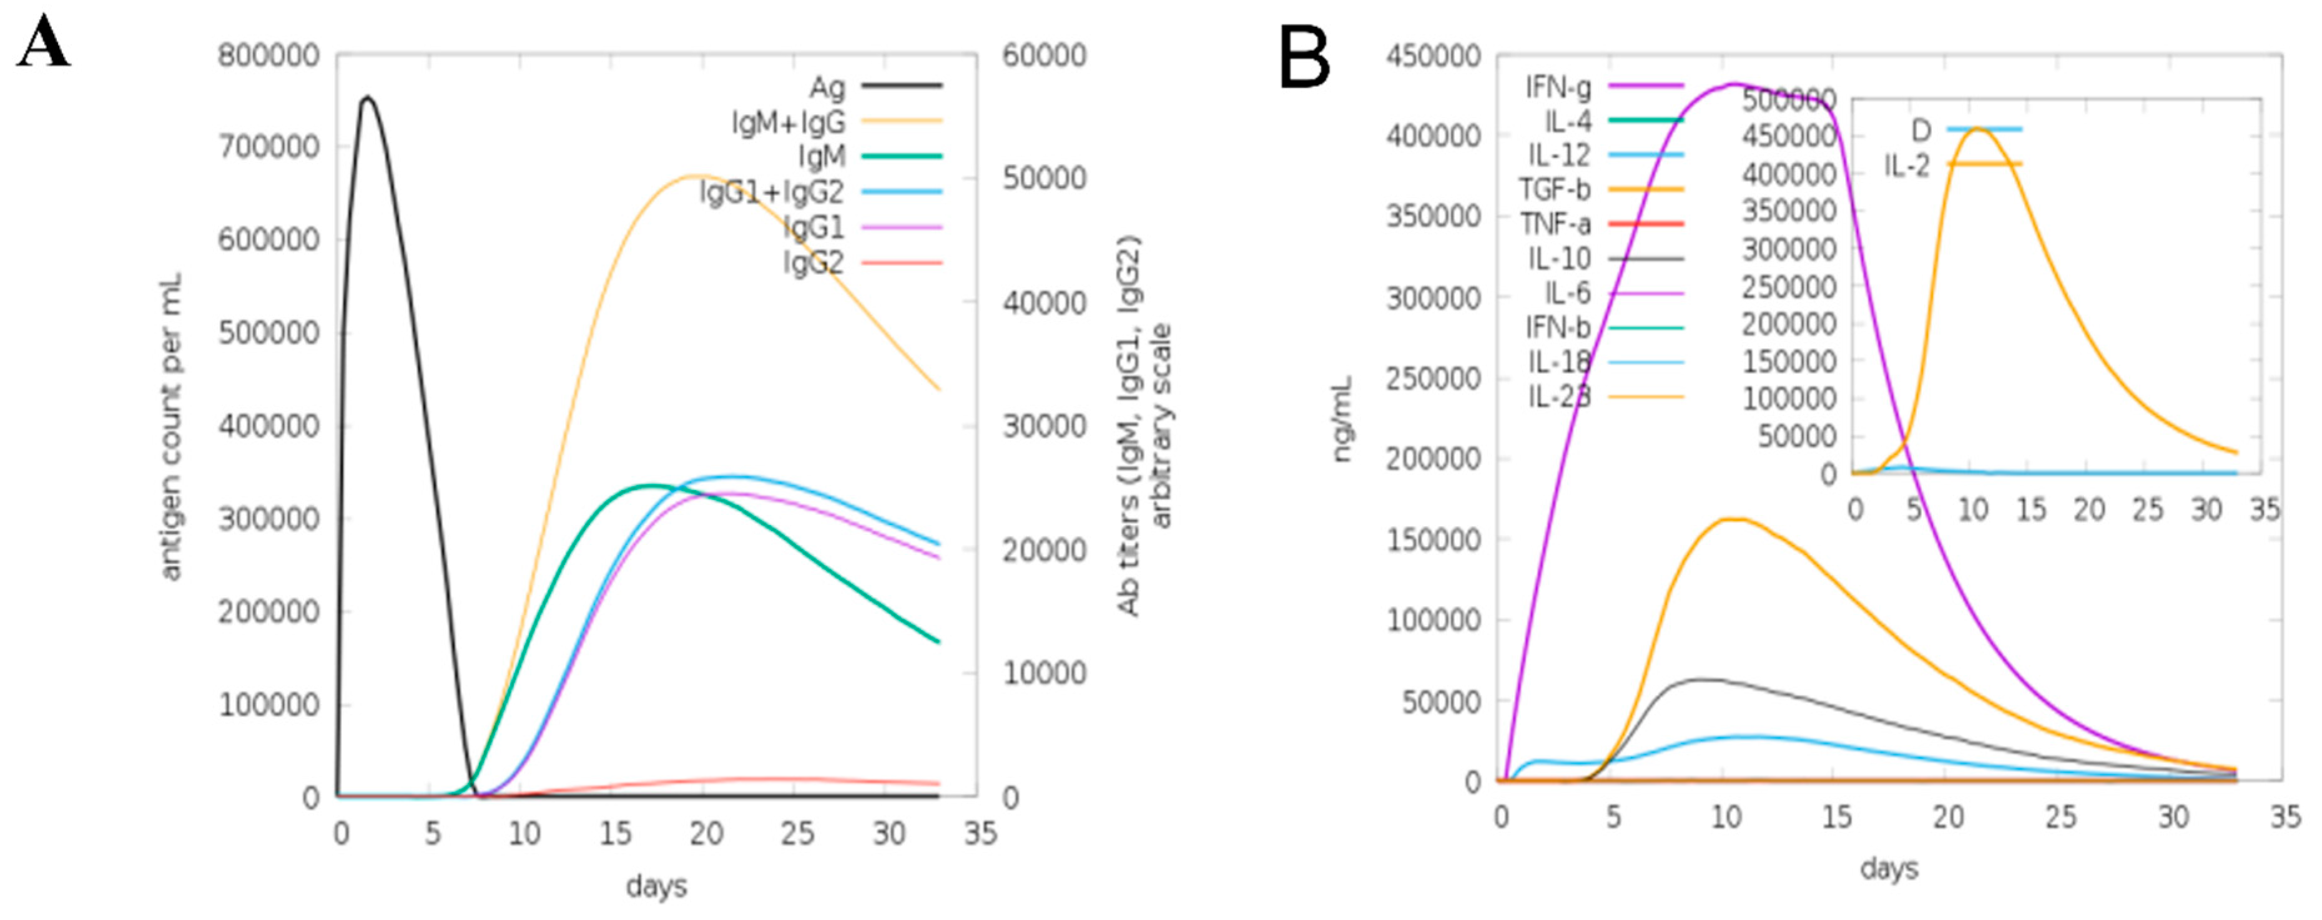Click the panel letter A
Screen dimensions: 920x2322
tap(43, 42)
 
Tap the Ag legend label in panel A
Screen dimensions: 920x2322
tap(827, 87)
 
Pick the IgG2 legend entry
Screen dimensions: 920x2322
tap(814, 262)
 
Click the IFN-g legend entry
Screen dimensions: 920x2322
tap(1558, 87)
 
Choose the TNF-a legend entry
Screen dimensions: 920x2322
tap(1556, 224)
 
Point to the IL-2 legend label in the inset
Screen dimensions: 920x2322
tap(1906, 165)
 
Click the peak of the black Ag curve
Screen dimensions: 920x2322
tap(367, 97)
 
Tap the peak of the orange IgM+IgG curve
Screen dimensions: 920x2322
tap(696, 176)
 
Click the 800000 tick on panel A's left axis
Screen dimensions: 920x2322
tap(268, 56)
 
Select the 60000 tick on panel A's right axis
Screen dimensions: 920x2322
tap(1044, 56)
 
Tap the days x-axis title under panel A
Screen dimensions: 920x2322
tap(656, 886)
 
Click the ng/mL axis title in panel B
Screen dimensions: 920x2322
tap(1342, 419)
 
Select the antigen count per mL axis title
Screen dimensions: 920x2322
tap(170, 426)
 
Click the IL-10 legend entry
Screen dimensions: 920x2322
tap(1560, 259)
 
